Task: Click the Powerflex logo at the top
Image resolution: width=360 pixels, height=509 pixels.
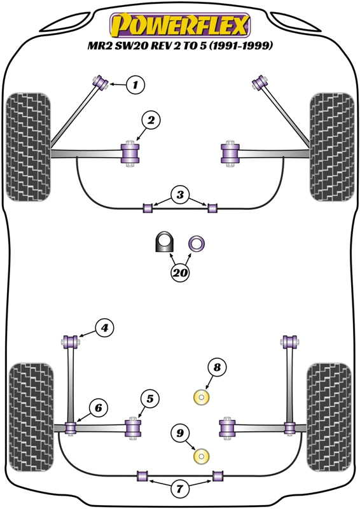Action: tap(180, 26)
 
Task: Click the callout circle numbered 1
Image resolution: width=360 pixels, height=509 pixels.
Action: tap(135, 84)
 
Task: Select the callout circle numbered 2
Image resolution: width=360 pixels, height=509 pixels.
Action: tap(151, 119)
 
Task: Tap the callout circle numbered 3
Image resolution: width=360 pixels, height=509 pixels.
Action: tap(180, 195)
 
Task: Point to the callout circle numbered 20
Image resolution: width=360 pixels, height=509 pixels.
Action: tap(180, 273)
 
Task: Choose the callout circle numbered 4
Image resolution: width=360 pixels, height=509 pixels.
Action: tap(104, 328)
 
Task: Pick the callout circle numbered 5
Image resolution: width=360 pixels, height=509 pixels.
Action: tap(149, 399)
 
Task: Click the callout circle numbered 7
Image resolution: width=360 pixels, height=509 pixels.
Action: tap(180, 489)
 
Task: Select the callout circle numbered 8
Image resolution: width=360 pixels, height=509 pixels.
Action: tap(216, 367)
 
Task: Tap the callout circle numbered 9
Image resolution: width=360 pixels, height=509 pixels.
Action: tap(181, 433)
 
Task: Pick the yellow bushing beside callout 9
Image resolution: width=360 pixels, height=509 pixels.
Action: tap(202, 456)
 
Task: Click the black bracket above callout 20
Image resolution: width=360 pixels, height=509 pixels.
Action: tap(165, 242)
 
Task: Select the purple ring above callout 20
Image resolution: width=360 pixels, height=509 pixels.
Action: tap(197, 242)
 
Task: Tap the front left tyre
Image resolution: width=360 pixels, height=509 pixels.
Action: tap(28, 147)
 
